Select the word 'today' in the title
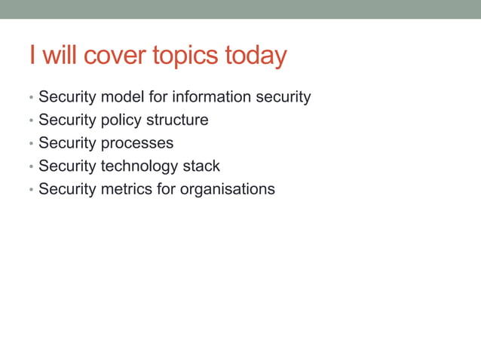pyautogui.click(x=257, y=56)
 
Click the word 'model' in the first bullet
pyautogui.click(x=124, y=97)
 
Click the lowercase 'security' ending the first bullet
pyautogui.click(x=284, y=97)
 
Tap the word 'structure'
pyautogui.click(x=177, y=121)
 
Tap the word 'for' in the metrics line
pyautogui.click(x=166, y=189)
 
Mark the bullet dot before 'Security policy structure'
pyautogui.click(x=30, y=121)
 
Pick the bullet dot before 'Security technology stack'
pyautogui.click(x=30, y=167)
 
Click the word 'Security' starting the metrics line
pyautogui.click(x=67, y=189)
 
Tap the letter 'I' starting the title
pyautogui.click(x=32, y=56)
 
